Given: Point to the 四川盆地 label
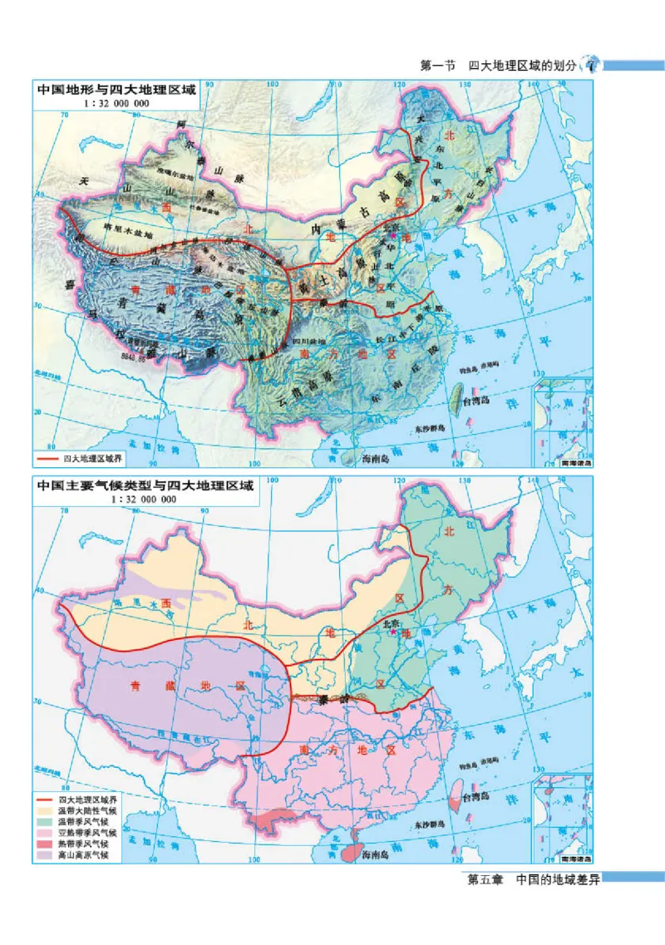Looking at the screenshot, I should (x=311, y=342).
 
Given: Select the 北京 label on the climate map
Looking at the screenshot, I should (x=392, y=623).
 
